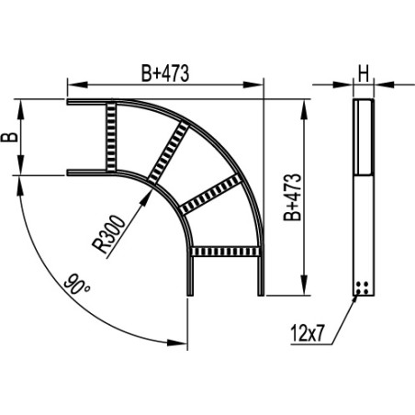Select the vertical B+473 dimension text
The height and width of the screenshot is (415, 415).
click(x=291, y=197)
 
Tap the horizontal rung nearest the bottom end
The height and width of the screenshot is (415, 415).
click(x=226, y=250)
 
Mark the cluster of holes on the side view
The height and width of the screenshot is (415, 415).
click(x=364, y=287)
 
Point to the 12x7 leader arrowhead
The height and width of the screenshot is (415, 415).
click(x=357, y=296)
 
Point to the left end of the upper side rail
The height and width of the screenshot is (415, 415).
click(x=70, y=102)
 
